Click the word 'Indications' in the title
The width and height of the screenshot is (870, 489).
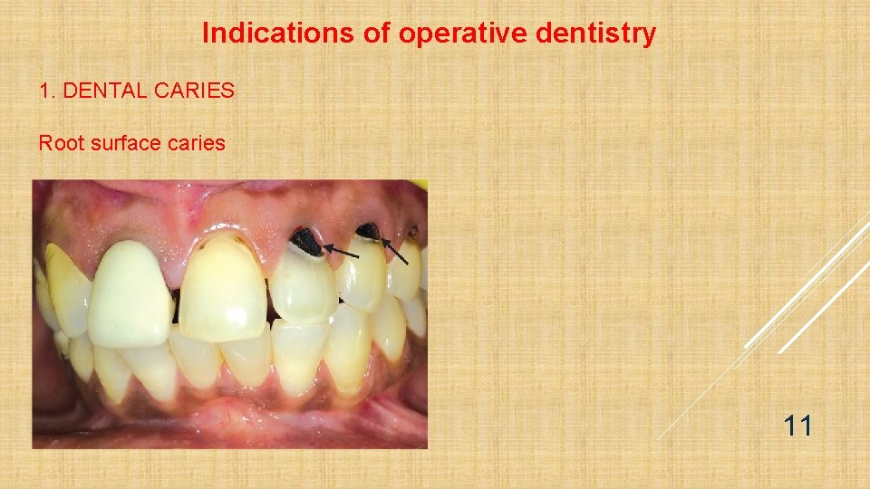pos(252,34)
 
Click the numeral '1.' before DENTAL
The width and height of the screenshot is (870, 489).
pos(46,91)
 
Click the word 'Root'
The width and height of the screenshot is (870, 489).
pos(60,143)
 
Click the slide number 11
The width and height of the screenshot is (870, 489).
pos(797,425)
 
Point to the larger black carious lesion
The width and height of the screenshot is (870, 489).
pos(304,242)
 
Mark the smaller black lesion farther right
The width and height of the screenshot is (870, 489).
pos(368,232)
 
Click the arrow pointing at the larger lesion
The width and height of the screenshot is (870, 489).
pos(341,250)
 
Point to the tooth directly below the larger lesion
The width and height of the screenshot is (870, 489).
pos(303,286)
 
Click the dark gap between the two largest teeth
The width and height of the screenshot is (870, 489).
pos(177,308)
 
